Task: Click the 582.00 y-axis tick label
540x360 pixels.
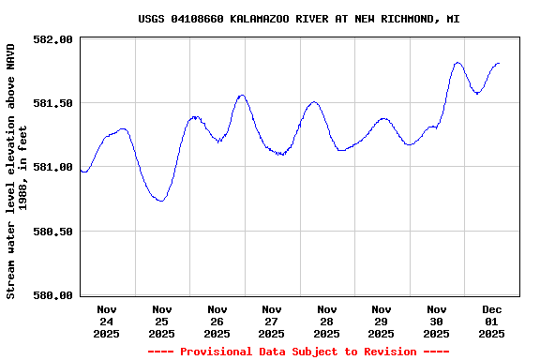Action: [x=52, y=39]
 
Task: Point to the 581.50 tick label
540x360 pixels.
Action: [x=52, y=103]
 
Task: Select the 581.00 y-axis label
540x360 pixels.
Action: [x=52, y=167]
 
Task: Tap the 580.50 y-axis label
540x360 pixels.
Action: [x=52, y=232]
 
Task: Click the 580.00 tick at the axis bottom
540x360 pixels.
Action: [x=52, y=295]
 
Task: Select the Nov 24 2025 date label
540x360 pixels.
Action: [x=107, y=321]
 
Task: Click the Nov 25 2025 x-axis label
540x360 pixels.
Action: [x=161, y=321]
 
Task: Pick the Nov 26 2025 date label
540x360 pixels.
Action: [x=217, y=321]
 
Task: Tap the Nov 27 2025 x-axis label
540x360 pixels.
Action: [x=272, y=321]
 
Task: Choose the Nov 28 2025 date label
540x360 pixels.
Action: [x=326, y=321]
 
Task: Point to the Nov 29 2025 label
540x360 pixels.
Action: [x=382, y=321]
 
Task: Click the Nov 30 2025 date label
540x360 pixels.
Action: [x=436, y=321]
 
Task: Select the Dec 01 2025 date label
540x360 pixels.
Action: [x=491, y=321]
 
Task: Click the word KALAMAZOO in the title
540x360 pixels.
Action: [x=262, y=19]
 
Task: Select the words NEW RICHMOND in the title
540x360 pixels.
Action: [x=392, y=19]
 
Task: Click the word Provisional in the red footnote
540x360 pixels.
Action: [x=213, y=352]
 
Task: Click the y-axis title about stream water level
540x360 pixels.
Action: [x=17, y=171]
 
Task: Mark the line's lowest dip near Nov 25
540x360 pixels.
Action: [x=161, y=201]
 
